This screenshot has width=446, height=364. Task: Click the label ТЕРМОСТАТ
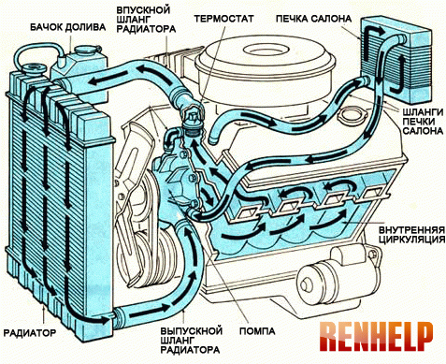coord(223,19)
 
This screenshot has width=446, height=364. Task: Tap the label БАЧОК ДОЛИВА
coord(68,27)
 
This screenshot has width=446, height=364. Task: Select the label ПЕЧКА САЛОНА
coord(313,19)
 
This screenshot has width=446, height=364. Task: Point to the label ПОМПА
coord(257,331)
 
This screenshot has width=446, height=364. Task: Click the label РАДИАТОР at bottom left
coord(30,332)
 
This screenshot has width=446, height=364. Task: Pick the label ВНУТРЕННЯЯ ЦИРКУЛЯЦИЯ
coord(411,235)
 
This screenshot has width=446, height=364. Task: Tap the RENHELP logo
coord(376,337)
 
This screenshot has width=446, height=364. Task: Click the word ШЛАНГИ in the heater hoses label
coord(423,112)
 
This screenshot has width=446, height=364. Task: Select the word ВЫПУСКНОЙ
coord(192,330)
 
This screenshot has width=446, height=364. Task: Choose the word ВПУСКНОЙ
coord(143,9)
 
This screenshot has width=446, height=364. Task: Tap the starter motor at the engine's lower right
coord(338,276)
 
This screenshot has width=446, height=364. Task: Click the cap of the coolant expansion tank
coord(86,51)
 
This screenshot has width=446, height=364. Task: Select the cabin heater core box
coord(396,61)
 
